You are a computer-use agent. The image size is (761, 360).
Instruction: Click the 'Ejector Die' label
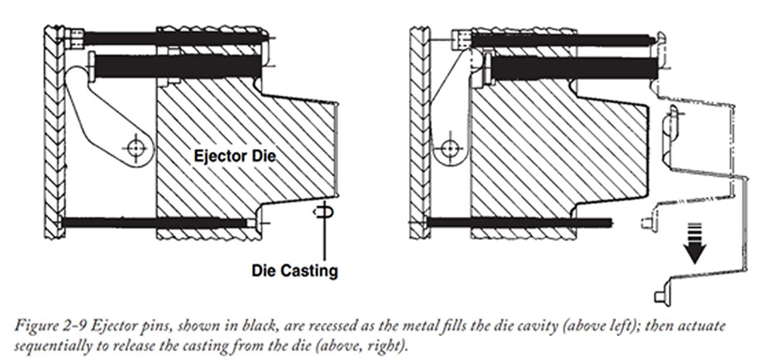234,156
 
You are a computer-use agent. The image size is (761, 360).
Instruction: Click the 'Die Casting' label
294,271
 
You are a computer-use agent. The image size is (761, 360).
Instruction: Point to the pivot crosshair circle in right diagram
450,148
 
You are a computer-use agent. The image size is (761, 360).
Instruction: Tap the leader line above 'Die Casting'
324,240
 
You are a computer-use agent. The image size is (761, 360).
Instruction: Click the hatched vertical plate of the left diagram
53,132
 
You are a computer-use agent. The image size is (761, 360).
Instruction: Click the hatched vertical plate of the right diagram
419,132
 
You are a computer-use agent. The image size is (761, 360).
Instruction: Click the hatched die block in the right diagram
540,150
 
